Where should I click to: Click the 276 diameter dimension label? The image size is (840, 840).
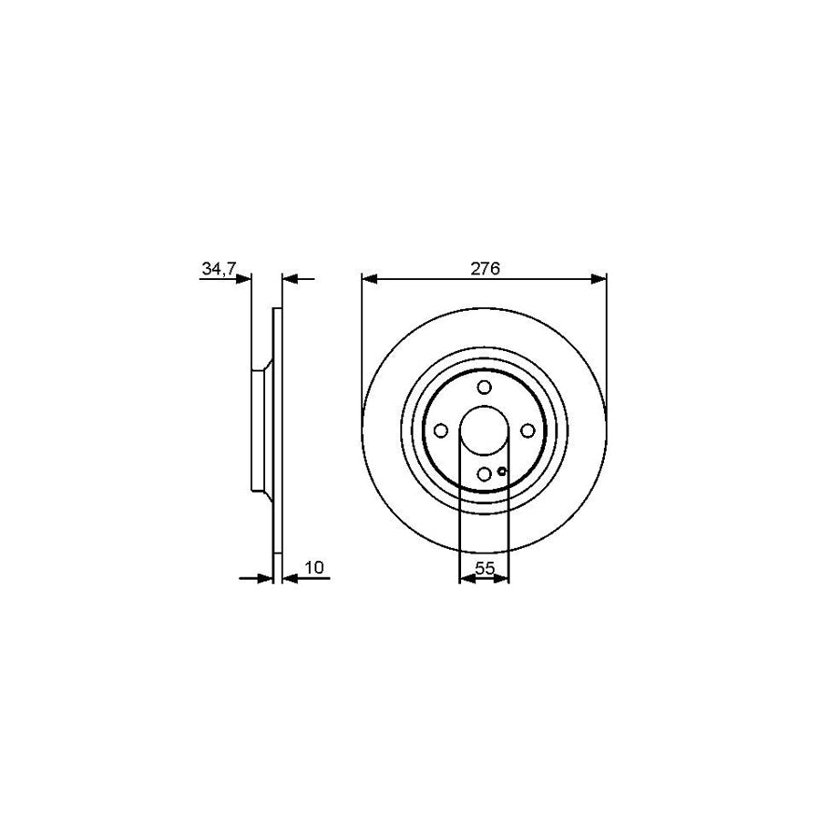click(x=484, y=269)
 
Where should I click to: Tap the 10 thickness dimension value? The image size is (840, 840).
click(x=313, y=567)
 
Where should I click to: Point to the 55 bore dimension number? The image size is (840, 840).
click(x=484, y=567)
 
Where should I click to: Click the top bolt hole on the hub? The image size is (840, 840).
click(x=483, y=387)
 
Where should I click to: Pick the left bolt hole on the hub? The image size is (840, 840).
click(x=441, y=430)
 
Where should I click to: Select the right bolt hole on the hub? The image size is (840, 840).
click(x=527, y=430)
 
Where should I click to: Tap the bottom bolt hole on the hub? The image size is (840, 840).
click(x=483, y=474)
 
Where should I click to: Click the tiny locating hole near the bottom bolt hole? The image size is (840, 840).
click(x=502, y=471)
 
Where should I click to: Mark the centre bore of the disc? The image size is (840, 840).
click(x=483, y=430)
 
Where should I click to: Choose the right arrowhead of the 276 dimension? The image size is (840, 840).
click(x=600, y=278)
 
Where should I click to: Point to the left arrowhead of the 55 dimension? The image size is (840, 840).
click(x=466, y=579)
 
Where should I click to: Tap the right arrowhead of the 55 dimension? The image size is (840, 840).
click(x=503, y=579)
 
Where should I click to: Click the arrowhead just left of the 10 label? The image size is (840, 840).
click(x=288, y=579)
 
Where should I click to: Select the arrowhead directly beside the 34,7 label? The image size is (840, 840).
click(x=245, y=278)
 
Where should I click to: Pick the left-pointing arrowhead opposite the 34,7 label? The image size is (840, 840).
click(x=288, y=278)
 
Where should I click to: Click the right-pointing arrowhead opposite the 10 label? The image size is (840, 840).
click(x=266, y=579)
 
